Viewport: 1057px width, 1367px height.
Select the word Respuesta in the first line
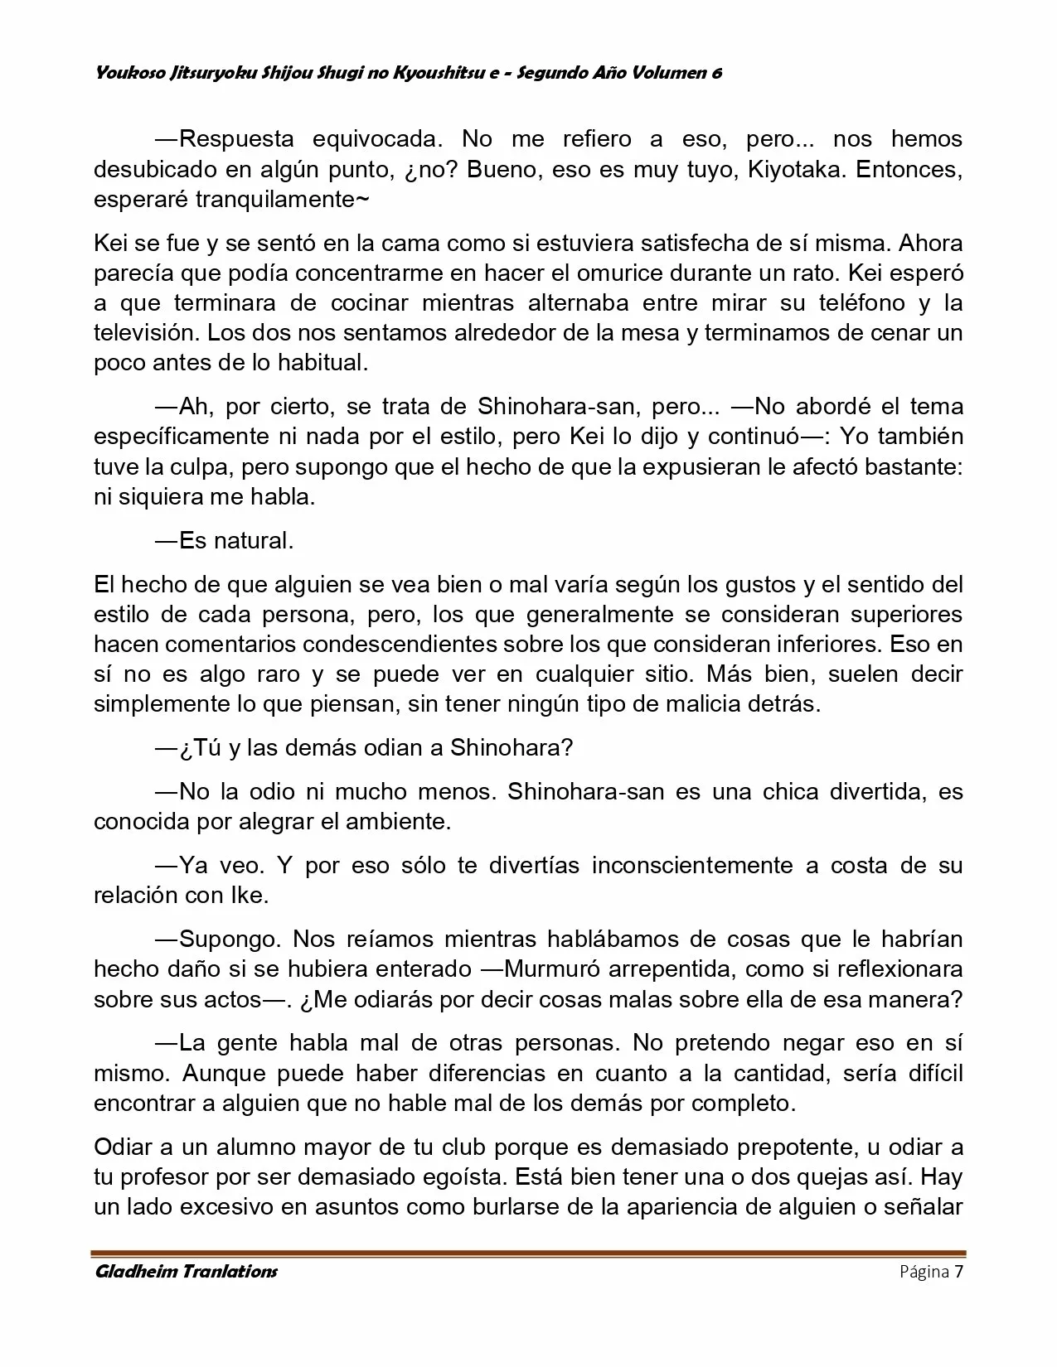(235, 138)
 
